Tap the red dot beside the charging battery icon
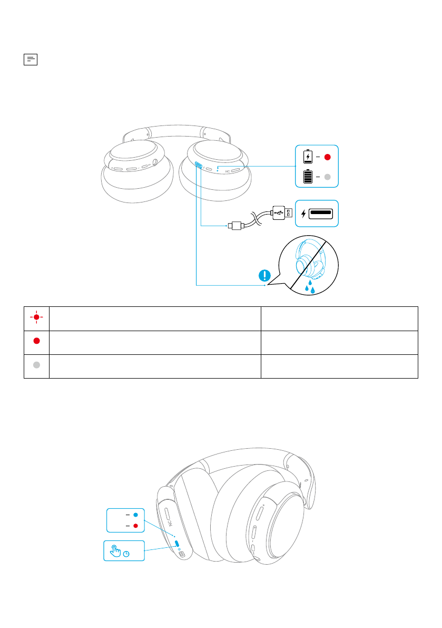coord(327,157)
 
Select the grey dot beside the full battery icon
coord(327,177)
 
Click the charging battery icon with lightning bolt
coord(308,157)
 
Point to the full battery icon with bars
coord(308,177)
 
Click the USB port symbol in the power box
coord(321,214)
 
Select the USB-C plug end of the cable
coord(234,226)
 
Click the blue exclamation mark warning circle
coord(265,276)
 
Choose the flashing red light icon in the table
coord(36,317)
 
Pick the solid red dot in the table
coord(36,341)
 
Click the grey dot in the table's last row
coord(36,366)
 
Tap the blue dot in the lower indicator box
coord(136,514)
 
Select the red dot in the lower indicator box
coord(136,526)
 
